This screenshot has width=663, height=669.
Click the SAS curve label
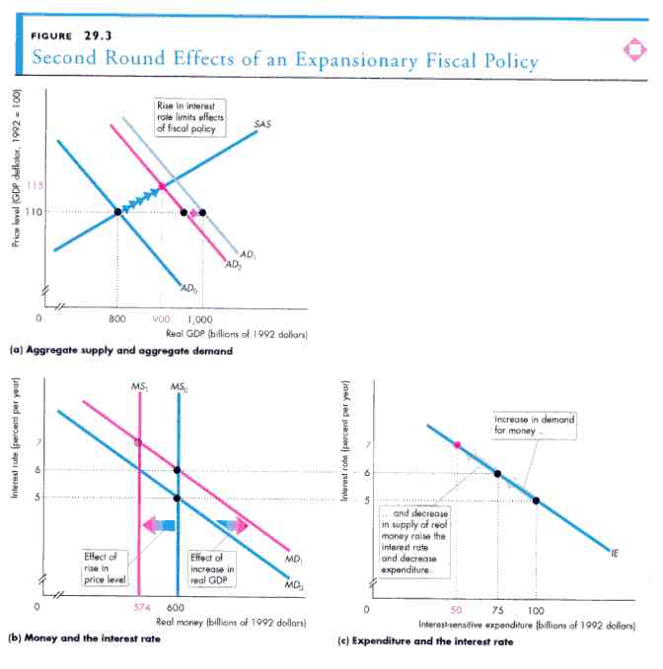coord(262,124)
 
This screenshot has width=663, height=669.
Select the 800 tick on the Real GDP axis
coord(117,319)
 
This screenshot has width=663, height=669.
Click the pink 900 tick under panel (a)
coord(163,319)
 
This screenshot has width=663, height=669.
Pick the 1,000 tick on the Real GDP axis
coord(200,319)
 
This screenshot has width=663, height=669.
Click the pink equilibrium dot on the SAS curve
coord(162,186)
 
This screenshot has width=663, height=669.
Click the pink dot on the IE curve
coord(457,445)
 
